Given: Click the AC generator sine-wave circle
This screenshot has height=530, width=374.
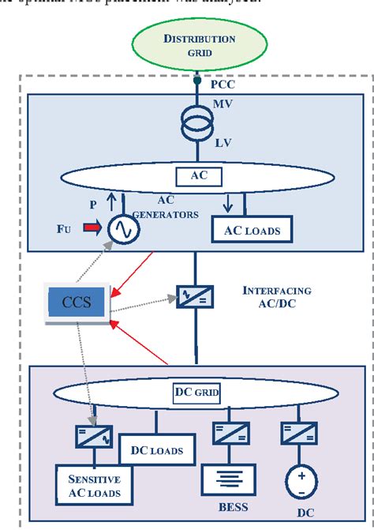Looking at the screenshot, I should pyautogui.click(x=124, y=227).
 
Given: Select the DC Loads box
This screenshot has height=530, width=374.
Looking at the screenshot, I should pyautogui.click(x=156, y=451).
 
